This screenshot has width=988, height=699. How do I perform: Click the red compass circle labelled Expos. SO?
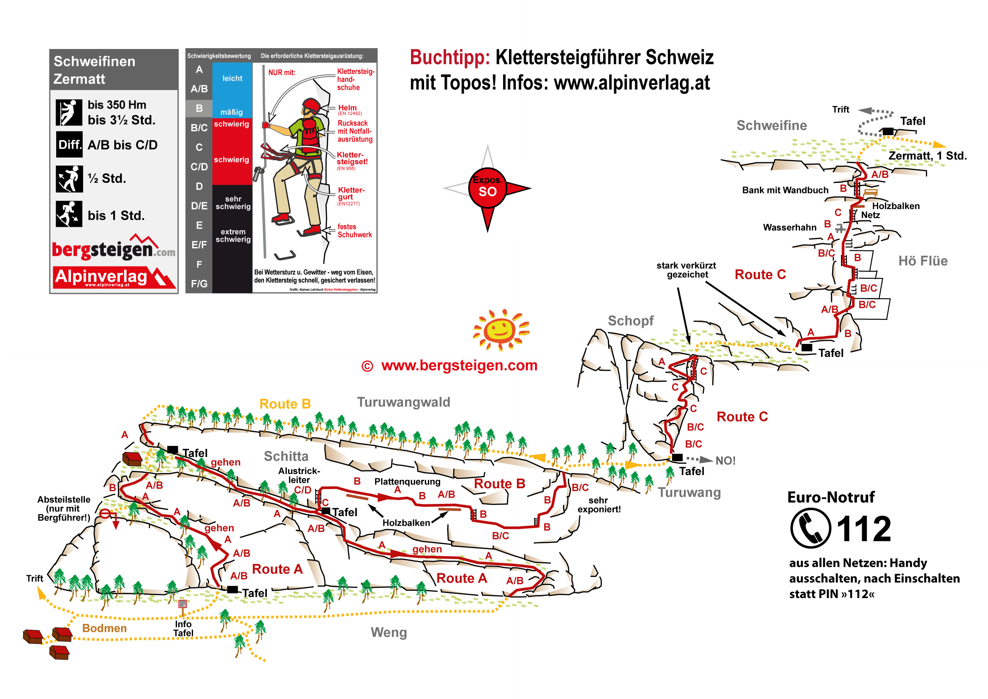click(487, 188)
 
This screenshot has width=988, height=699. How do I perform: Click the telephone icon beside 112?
click(810, 528)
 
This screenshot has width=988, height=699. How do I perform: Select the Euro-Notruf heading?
click(830, 497)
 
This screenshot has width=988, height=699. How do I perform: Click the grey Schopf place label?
click(630, 321)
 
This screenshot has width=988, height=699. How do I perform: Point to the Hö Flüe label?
click(923, 261)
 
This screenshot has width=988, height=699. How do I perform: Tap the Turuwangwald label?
click(403, 402)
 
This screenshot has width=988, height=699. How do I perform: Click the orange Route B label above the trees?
click(285, 404)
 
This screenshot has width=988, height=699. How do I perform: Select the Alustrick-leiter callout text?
click(299, 475)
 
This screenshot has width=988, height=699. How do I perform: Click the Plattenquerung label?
click(407, 481)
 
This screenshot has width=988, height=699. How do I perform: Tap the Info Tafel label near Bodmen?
click(183, 628)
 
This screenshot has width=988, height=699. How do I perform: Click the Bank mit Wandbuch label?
click(785, 190)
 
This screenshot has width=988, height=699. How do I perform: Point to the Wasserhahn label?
click(789, 227)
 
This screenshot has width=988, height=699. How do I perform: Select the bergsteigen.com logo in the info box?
click(113, 249)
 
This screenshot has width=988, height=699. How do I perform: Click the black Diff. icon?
click(69, 144)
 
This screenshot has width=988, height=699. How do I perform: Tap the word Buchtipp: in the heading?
click(449, 58)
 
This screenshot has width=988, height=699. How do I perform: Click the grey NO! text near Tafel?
click(725, 460)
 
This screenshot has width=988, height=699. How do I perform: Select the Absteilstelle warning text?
click(64, 509)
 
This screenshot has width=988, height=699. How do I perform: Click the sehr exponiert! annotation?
click(599, 505)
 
